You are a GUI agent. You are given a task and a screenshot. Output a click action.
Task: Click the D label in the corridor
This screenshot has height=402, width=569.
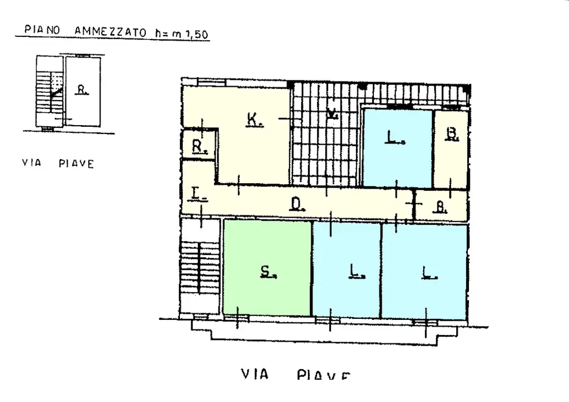[296, 204]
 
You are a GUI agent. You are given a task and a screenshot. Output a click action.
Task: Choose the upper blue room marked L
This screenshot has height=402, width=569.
[397, 148]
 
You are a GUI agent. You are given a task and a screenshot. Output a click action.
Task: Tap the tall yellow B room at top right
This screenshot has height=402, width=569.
[451, 149]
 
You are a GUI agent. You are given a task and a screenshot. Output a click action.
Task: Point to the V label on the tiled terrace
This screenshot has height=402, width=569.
[332, 114]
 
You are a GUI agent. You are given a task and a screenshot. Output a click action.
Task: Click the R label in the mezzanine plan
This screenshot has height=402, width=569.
[82, 89]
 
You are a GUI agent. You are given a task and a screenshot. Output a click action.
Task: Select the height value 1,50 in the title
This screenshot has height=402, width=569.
[197, 33]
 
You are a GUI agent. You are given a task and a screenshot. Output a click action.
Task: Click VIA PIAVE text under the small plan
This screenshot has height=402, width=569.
[58, 164]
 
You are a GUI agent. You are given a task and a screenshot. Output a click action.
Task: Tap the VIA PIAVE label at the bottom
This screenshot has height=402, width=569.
[296, 375]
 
